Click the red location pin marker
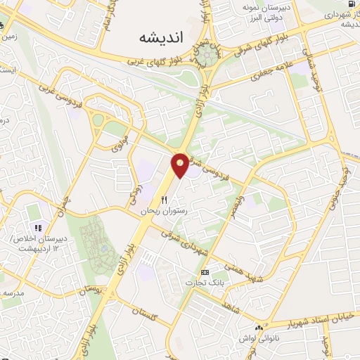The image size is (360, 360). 180,165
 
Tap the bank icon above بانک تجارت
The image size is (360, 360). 205,271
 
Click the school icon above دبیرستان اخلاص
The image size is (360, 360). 39,228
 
